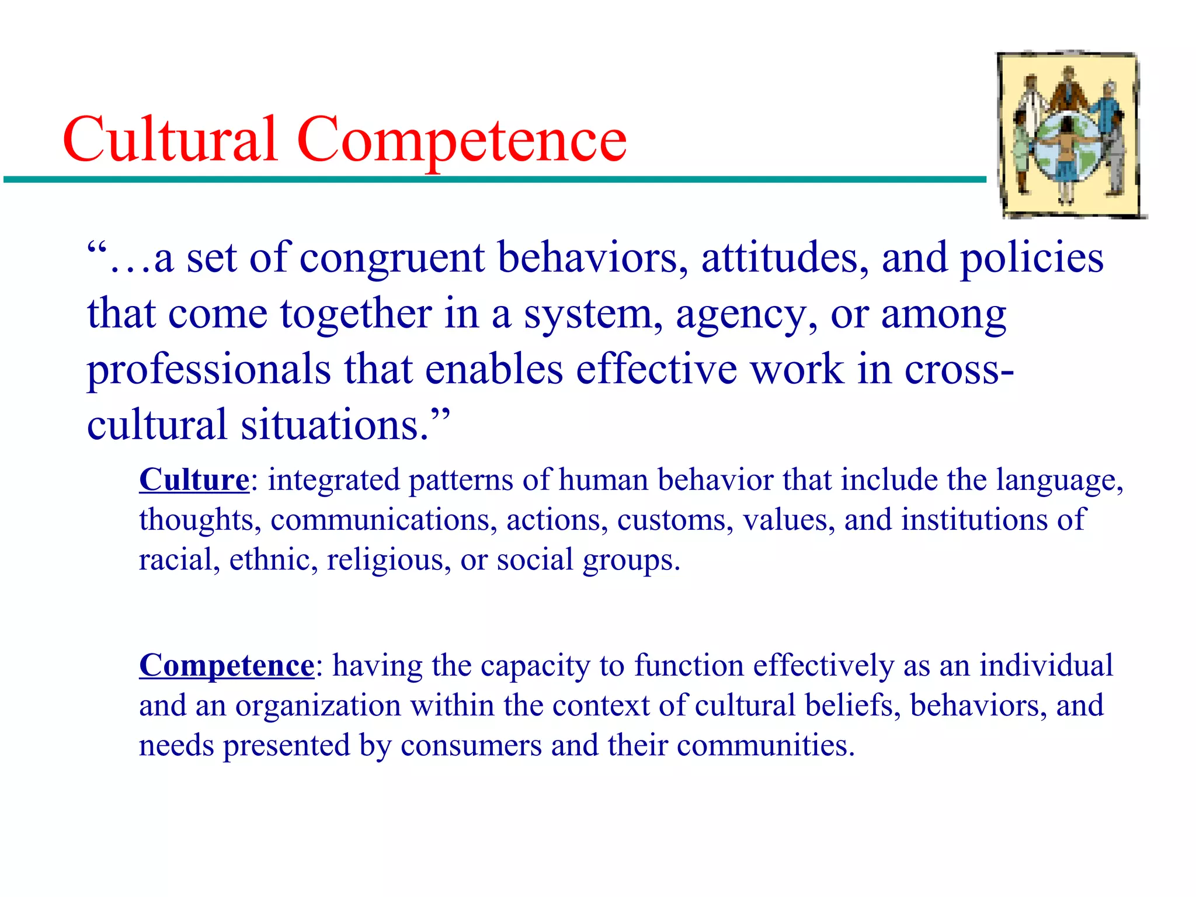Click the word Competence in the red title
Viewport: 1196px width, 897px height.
pyautogui.click(x=461, y=140)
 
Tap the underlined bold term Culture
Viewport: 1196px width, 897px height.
pyautogui.click(x=194, y=480)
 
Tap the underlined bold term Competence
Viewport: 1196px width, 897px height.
pyautogui.click(x=227, y=666)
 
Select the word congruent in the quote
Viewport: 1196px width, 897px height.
pyautogui.click(x=391, y=258)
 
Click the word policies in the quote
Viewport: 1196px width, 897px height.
pyautogui.click(x=1032, y=258)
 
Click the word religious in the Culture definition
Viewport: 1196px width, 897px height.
pyautogui.click(x=388, y=560)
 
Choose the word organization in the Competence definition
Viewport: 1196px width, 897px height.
pyautogui.click(x=318, y=705)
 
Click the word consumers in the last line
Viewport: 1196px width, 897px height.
pyautogui.click(x=471, y=746)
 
